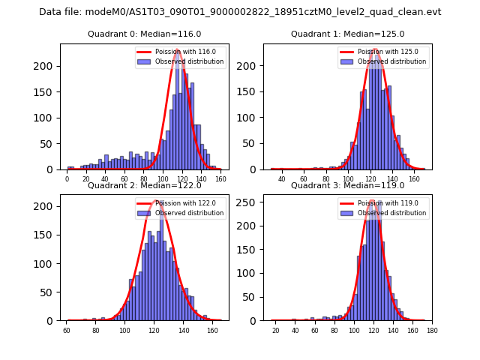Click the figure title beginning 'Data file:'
[x=240, y=12]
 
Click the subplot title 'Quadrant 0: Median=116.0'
[x=144, y=34]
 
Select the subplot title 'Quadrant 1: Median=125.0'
[x=347, y=34]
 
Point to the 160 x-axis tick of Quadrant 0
[x=220, y=178]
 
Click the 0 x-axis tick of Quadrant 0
[x=67, y=178]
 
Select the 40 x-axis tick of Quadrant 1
[x=282, y=178]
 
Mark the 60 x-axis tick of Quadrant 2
[x=67, y=330]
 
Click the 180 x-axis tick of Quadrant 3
[x=431, y=330]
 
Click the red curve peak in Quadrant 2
[x=154, y=201]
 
